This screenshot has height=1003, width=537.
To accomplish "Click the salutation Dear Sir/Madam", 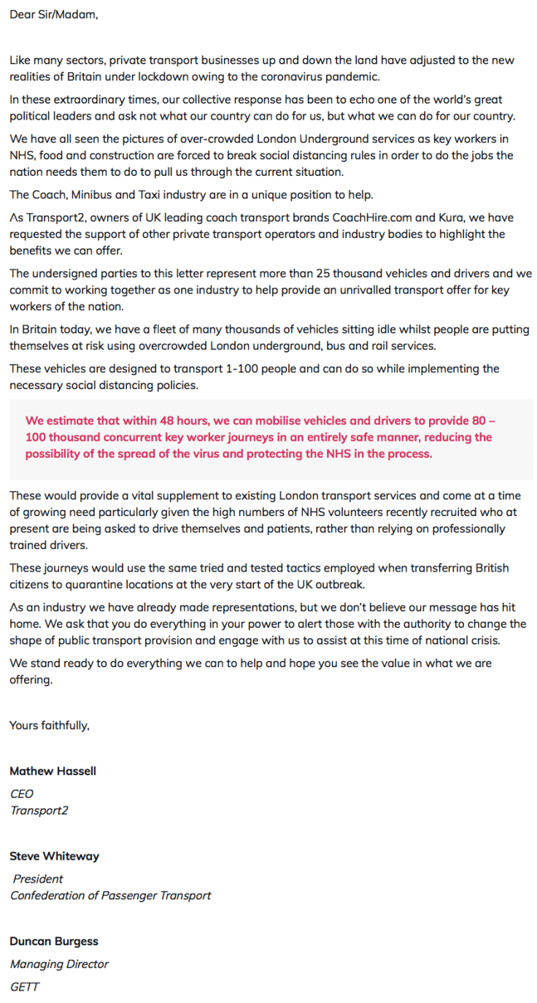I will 53,15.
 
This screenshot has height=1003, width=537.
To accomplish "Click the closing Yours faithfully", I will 50,726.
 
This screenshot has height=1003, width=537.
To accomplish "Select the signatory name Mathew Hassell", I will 53,771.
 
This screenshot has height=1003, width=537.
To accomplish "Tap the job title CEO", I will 22,793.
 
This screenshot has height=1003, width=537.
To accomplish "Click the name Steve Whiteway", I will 54,856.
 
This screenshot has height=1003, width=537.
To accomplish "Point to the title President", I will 38,879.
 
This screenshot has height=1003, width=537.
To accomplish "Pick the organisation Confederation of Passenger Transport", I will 111,895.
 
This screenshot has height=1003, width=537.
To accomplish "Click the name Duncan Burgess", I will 54,942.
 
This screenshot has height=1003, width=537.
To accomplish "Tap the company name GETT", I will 25,987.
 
